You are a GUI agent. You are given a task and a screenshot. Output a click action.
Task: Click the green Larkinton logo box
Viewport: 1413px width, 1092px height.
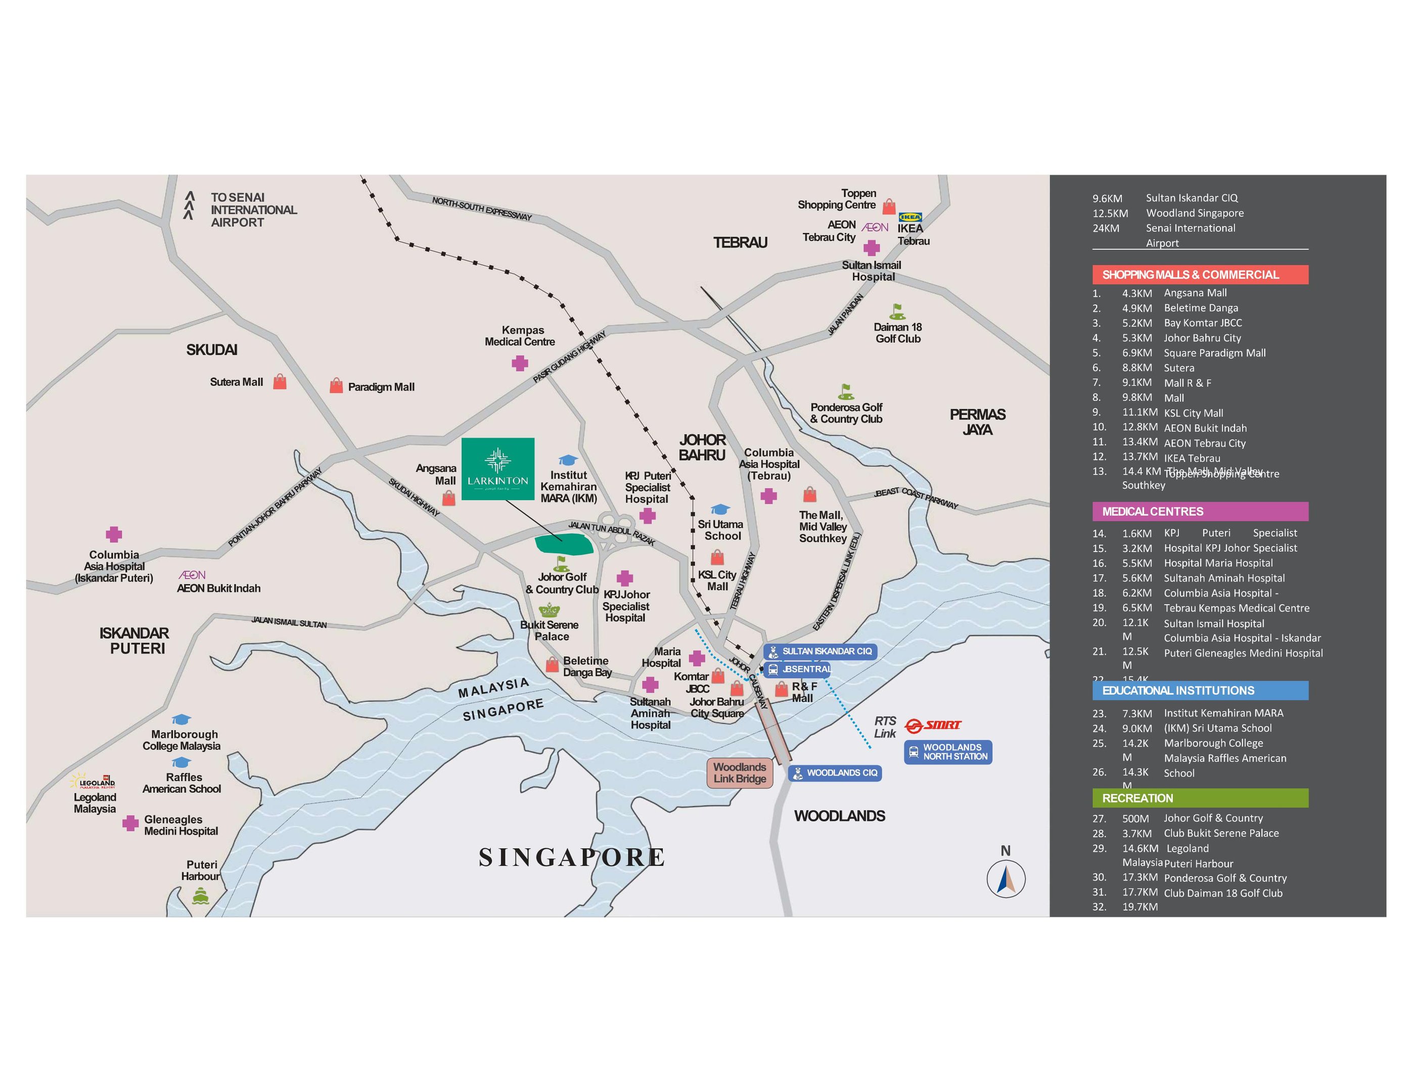[497, 469]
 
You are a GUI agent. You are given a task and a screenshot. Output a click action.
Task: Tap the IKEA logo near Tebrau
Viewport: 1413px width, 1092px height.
[910, 217]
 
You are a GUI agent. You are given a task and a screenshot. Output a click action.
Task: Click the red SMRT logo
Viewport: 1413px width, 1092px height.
[933, 725]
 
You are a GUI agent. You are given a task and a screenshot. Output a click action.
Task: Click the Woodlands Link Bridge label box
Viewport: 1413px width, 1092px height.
[740, 772]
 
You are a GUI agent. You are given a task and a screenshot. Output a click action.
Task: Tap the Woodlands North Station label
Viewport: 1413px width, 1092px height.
[948, 752]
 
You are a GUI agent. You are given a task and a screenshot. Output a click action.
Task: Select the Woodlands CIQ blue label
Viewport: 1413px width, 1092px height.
[835, 772]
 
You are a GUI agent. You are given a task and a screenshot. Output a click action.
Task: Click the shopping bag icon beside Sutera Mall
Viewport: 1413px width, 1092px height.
[280, 382]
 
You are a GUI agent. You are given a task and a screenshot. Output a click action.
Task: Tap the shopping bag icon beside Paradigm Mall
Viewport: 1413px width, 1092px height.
[336, 386]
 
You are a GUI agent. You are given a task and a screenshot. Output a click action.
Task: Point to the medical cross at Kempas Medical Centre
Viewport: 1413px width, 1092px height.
[520, 363]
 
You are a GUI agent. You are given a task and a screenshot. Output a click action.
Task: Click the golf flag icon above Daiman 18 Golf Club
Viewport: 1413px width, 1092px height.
[897, 312]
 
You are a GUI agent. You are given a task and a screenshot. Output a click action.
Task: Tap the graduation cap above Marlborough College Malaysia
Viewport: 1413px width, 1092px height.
[180, 719]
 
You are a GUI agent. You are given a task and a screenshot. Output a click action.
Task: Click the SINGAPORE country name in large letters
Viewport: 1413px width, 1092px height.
[572, 857]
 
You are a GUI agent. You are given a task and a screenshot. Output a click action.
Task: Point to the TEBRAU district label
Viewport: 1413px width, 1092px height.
[740, 243]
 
